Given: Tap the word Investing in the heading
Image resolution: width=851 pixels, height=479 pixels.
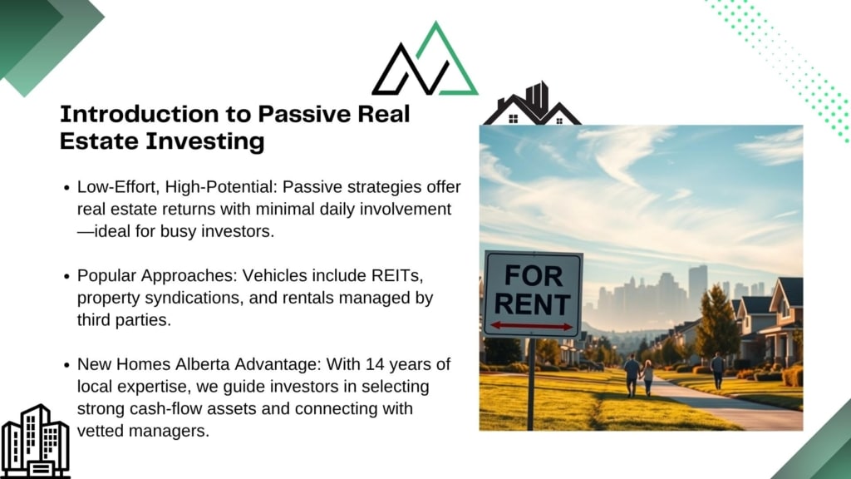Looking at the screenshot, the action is (x=205, y=141).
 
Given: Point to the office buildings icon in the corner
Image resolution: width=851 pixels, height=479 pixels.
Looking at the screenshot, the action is (x=35, y=441).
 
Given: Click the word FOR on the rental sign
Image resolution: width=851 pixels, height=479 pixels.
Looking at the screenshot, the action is (x=534, y=276).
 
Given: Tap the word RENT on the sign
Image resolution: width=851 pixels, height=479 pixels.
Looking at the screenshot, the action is (x=533, y=304).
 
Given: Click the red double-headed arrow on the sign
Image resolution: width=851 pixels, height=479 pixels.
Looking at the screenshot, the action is (x=532, y=326).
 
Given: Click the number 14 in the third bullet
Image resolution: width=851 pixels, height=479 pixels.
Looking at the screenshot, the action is (x=375, y=364).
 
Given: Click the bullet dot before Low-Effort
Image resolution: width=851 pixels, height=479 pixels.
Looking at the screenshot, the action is (x=66, y=188).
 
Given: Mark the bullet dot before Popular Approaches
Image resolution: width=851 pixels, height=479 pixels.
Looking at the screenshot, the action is (x=66, y=276).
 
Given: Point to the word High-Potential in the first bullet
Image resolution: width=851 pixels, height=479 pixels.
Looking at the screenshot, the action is (x=221, y=187).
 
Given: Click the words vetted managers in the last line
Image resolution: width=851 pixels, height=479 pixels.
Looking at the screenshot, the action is (x=143, y=431).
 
